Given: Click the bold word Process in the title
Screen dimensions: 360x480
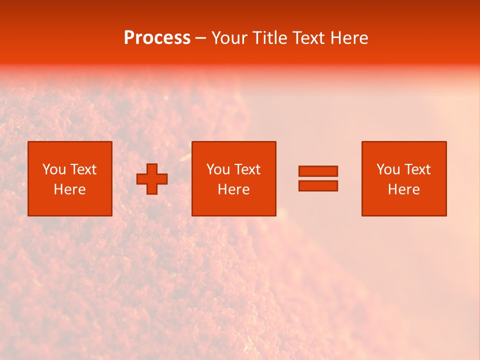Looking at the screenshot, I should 157,38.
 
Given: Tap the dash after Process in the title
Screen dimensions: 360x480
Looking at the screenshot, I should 201,38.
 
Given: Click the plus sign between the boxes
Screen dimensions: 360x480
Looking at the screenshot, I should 152,179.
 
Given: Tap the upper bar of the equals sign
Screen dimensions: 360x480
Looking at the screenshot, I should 318,171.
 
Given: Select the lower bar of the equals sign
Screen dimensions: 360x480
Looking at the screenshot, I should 318,186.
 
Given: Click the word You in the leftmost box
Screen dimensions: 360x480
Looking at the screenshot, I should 54,169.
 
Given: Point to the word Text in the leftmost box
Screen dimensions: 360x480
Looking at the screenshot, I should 82,169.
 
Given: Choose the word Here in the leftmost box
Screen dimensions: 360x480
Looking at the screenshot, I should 69,189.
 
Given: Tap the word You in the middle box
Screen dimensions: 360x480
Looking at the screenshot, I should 218,169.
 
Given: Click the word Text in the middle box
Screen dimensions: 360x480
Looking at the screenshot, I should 246,169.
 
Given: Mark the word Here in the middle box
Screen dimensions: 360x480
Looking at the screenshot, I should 233,189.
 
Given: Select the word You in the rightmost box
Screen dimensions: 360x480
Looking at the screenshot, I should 388,169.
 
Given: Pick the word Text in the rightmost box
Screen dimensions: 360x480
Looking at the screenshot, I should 416,169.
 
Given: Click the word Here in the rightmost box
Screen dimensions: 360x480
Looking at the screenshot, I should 403,189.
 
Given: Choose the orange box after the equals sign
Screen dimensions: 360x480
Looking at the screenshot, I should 404,205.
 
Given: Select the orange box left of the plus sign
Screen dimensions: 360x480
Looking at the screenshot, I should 70,205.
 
